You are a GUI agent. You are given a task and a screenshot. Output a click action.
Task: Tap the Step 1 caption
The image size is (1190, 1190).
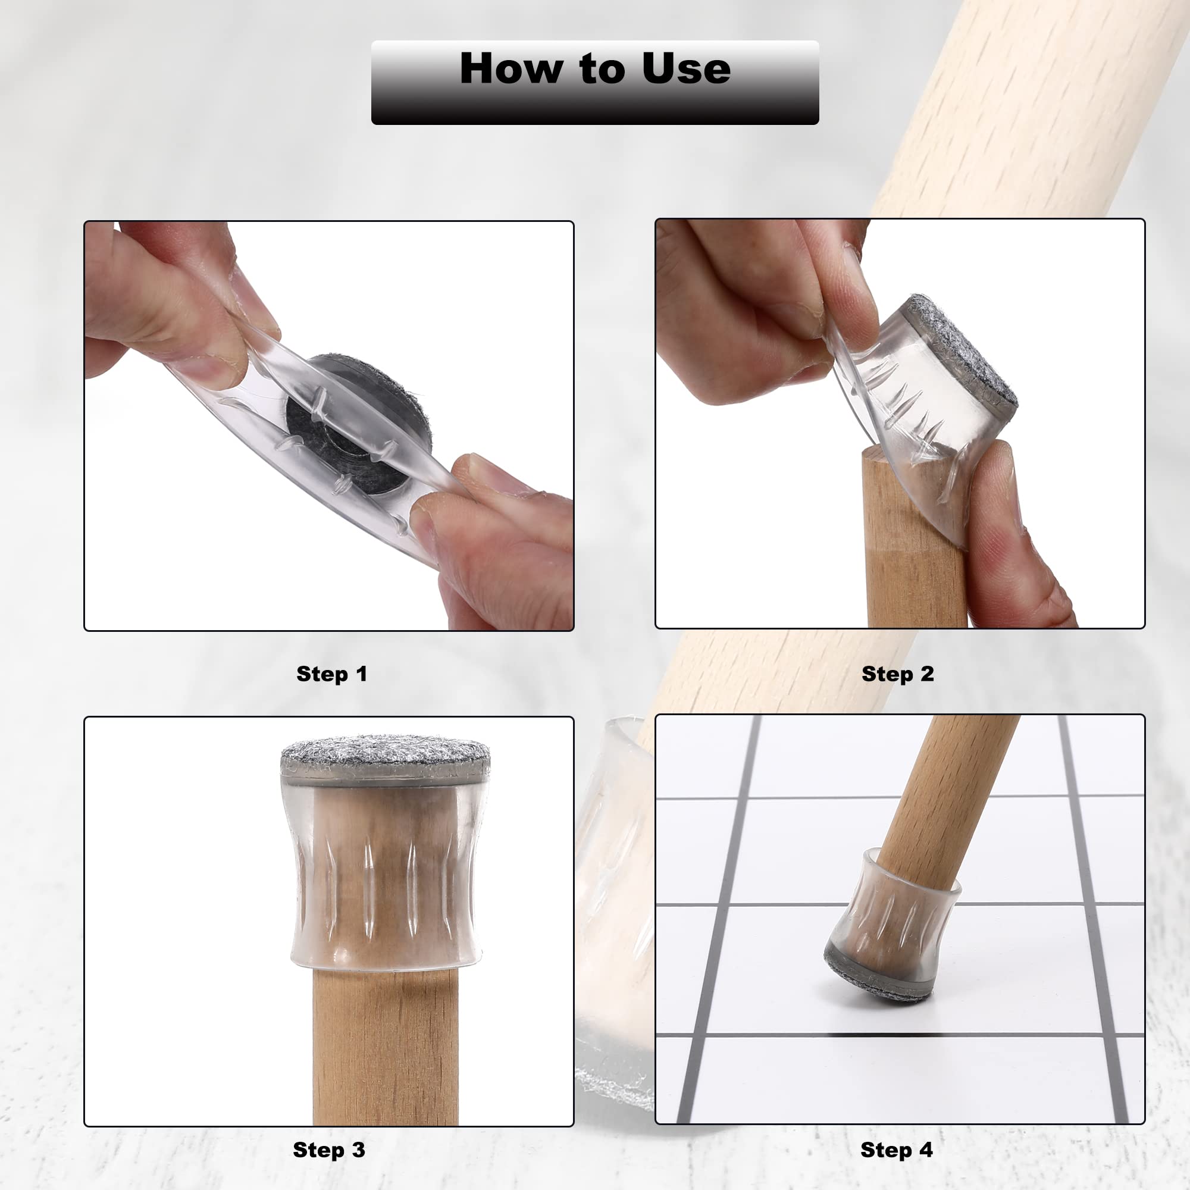click(331, 674)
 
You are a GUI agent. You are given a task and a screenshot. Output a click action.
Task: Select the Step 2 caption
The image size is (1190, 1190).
click(897, 674)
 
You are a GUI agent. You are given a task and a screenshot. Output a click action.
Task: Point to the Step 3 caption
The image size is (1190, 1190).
click(329, 1150)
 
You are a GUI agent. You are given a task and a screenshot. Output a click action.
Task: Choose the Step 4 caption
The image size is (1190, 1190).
click(896, 1150)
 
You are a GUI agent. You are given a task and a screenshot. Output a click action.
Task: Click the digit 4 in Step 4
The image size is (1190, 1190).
click(926, 1150)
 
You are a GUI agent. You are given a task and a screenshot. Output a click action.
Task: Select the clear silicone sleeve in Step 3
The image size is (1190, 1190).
click(385, 875)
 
